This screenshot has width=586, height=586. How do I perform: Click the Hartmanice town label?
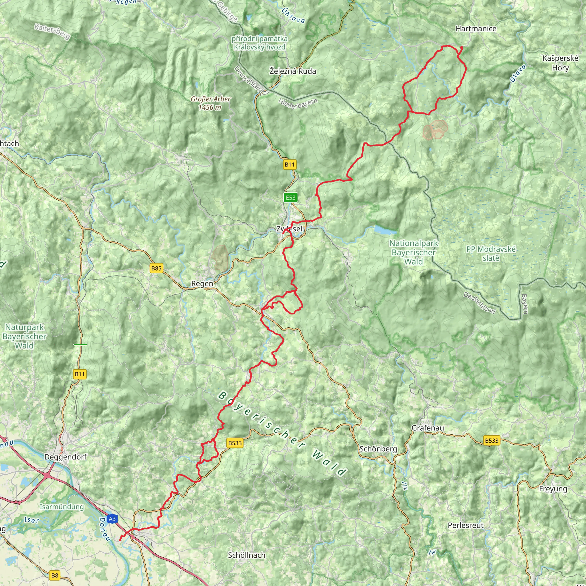(x=476, y=29)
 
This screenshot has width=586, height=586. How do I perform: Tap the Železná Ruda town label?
(x=293, y=71)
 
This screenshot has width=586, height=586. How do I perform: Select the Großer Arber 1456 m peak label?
(x=211, y=103)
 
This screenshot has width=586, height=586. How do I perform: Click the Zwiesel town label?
(x=289, y=229)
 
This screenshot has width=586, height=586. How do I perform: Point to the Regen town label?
(x=202, y=284)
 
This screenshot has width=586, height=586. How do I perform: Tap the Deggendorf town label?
(x=66, y=457)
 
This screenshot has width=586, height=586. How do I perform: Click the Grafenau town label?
(x=428, y=428)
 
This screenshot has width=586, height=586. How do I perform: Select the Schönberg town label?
(x=378, y=449)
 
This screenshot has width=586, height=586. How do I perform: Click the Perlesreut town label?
(x=466, y=525)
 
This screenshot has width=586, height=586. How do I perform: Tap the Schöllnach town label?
(x=247, y=555)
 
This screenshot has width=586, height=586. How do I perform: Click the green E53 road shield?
(x=290, y=198)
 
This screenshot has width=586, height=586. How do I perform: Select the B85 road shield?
(x=156, y=268)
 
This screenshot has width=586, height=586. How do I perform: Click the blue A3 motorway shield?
(x=112, y=519)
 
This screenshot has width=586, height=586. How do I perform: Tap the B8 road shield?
(x=55, y=575)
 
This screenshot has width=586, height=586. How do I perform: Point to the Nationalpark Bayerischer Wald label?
(x=414, y=252)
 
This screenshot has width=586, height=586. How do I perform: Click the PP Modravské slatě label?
(x=491, y=254)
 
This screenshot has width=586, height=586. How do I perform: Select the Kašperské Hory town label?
(x=561, y=63)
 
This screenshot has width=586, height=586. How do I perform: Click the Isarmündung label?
(x=62, y=507)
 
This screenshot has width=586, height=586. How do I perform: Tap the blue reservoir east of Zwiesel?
(x=385, y=230)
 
